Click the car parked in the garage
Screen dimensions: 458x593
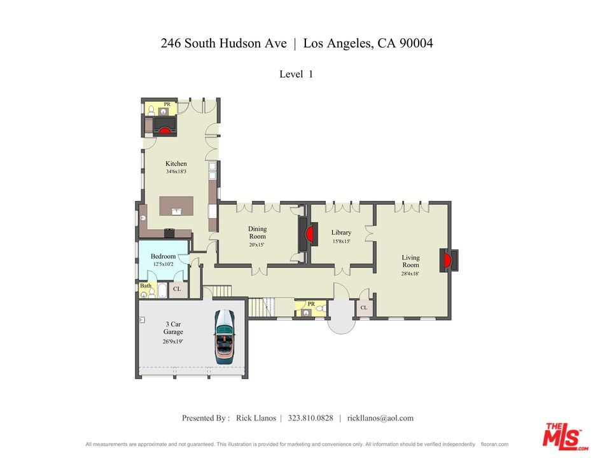(225, 336)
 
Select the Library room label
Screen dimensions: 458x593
(341, 233)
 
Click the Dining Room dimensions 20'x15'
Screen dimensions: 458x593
(257, 245)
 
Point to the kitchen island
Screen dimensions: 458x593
(176, 206)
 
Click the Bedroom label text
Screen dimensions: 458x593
(163, 256)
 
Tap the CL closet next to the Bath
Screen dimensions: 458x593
(177, 289)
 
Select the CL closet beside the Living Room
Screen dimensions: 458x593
(363, 308)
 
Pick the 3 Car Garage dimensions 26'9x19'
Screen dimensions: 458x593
(172, 341)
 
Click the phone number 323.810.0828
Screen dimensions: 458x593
(310, 418)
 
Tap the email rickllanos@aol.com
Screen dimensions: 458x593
(380, 418)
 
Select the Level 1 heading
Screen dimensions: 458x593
(296, 74)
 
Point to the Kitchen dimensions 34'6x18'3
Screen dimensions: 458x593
(176, 172)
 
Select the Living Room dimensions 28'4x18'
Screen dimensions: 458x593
(410, 274)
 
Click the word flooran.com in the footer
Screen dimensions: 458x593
(494, 445)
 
